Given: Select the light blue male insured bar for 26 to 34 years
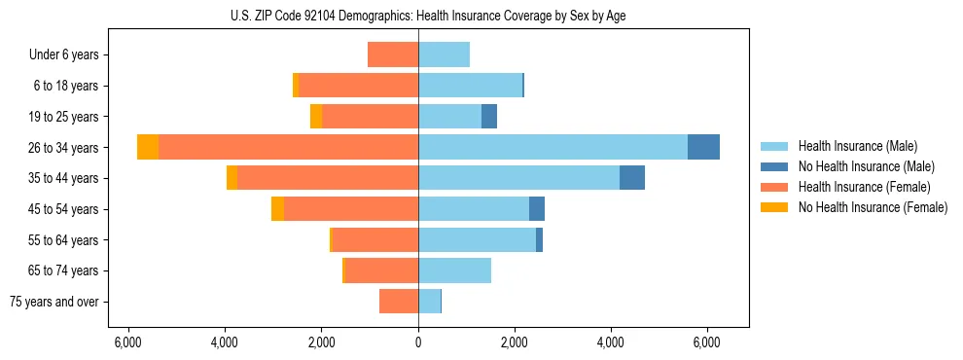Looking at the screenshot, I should click(x=553, y=147).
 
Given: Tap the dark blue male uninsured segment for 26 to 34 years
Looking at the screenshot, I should click(x=703, y=147).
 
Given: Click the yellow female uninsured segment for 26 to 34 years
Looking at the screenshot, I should click(x=148, y=147).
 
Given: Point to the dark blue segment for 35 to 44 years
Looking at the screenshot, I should click(x=632, y=178).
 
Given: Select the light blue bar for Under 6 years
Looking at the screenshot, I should click(x=444, y=54).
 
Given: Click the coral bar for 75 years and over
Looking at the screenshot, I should click(x=399, y=302).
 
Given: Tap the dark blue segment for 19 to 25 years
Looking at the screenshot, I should click(x=489, y=117).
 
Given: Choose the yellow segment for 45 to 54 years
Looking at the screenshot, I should click(x=277, y=209).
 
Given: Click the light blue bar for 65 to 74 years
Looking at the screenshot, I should click(x=454, y=270).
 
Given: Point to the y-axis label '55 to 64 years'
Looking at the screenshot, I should click(x=63, y=240).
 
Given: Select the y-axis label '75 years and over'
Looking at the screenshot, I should click(x=54, y=302).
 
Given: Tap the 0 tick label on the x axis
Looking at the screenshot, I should click(x=418, y=342).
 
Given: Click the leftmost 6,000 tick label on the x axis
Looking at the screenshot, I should click(x=128, y=342).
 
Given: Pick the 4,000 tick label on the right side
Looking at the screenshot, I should click(x=611, y=342).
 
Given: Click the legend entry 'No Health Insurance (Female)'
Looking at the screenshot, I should click(x=873, y=207).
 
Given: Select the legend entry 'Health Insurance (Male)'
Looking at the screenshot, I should click(x=858, y=146).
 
